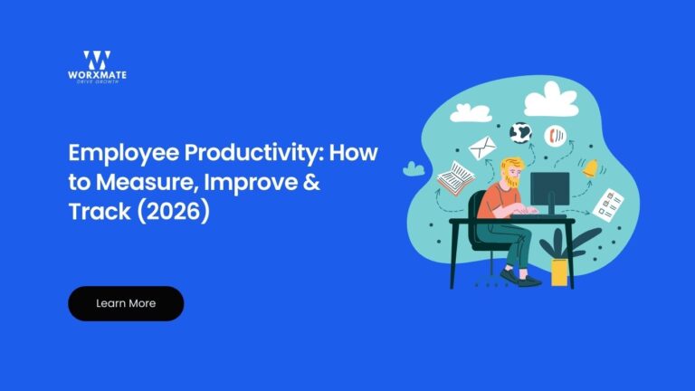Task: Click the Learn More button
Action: pos(126,303)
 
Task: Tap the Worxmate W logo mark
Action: pos(96,60)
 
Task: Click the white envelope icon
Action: pos(483,145)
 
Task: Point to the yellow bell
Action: pos(591,167)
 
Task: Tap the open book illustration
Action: pos(455,177)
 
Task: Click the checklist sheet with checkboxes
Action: pos(608,203)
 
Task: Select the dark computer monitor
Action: pos(549,190)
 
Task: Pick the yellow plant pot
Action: pos(560,272)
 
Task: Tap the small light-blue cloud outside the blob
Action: pos(414,168)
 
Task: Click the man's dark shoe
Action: pos(524,280)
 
